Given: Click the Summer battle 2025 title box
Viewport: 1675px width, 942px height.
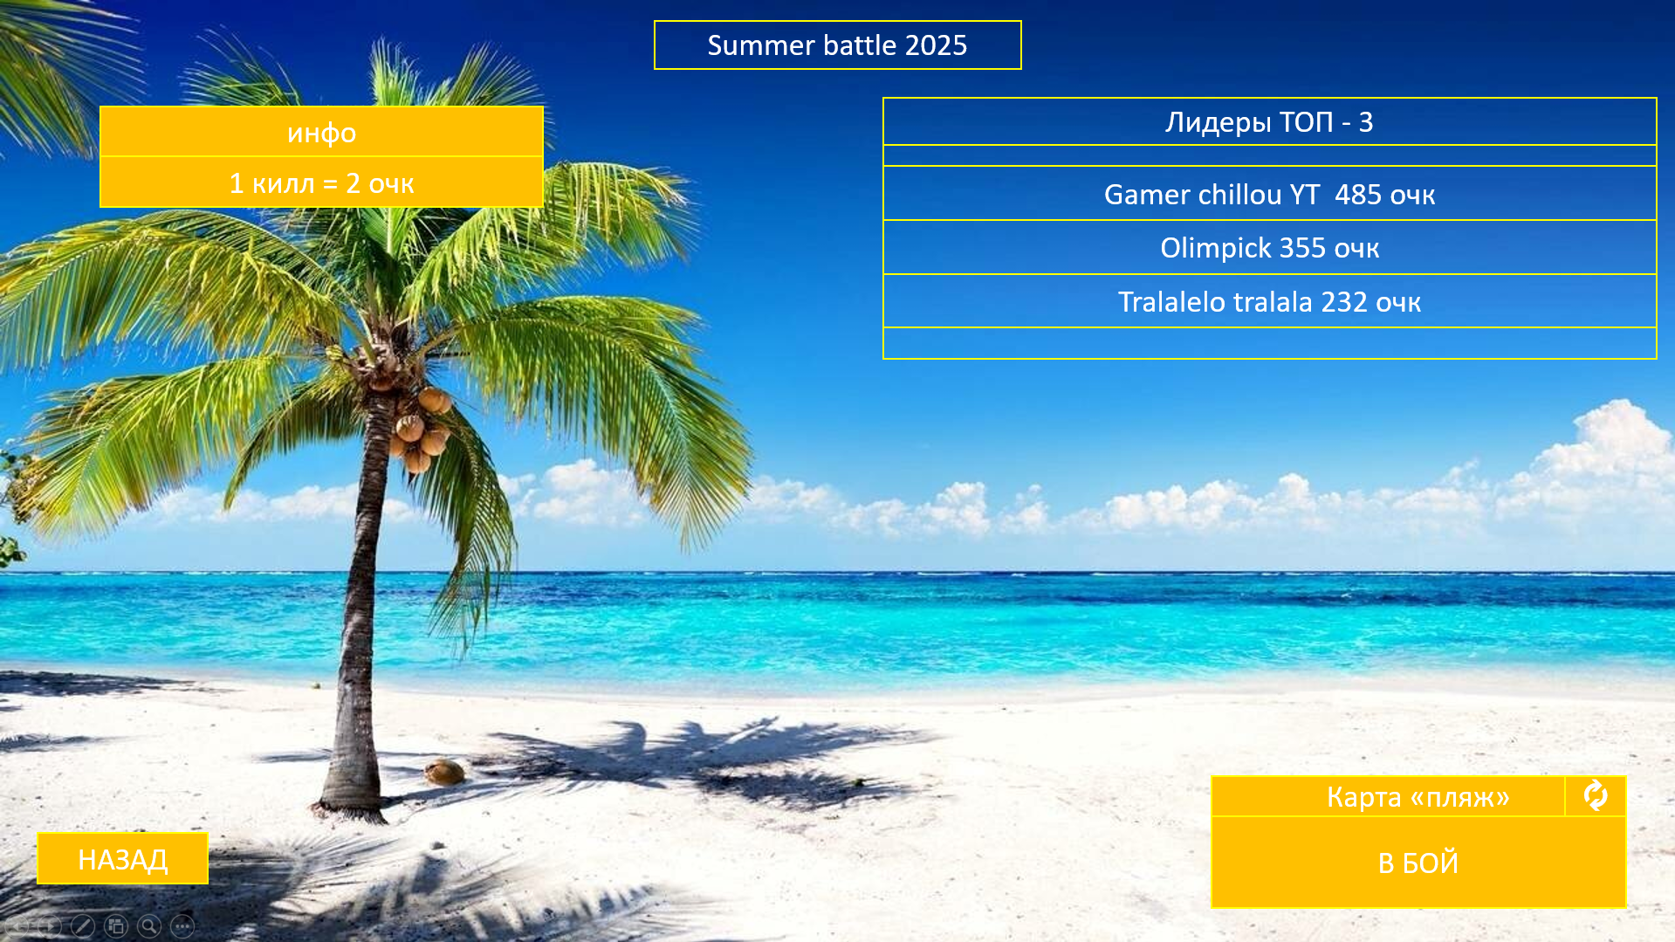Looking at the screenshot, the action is point(837,45).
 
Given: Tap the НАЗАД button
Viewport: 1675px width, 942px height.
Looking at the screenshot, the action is point(122,859).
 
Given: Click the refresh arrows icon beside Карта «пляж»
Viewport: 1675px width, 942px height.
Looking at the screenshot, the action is point(1596,795).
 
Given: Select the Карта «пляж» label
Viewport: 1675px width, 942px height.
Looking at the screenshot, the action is point(1418,797).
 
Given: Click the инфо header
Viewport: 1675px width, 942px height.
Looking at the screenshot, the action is point(321,132).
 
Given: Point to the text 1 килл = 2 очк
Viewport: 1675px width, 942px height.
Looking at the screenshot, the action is point(321,183).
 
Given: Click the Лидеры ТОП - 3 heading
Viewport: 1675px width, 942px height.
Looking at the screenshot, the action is point(1269,121).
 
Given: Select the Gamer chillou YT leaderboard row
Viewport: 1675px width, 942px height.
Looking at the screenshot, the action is point(1269,194).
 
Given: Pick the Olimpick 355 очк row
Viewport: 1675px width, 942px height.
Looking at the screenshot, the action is point(1269,248).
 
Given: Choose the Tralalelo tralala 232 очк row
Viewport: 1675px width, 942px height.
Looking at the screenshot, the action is point(1269,301).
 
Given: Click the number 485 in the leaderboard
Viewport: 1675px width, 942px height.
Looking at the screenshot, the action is point(1357,194).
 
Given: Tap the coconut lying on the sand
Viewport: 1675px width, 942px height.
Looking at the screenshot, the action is point(444,772).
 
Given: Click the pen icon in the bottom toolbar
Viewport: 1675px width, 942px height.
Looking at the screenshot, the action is point(83,926).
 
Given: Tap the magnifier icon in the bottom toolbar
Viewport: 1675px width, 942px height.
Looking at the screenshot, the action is point(149,926).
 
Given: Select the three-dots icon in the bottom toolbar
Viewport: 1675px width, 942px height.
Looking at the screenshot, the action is point(182,926).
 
